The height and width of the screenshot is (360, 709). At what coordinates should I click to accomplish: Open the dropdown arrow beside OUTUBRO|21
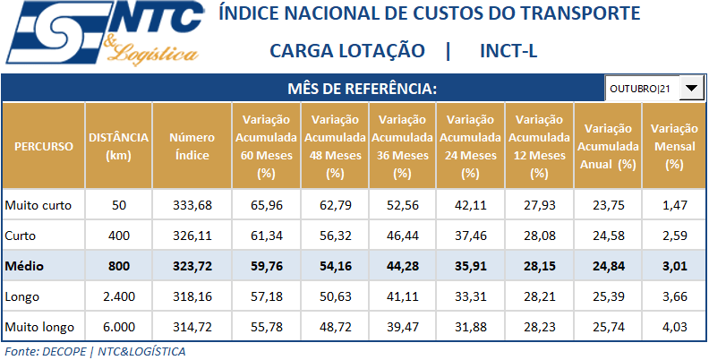click(692, 89)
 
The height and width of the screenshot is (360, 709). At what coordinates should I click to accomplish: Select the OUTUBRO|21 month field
click(642, 89)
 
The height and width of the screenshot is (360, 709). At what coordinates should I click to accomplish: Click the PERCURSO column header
click(44, 146)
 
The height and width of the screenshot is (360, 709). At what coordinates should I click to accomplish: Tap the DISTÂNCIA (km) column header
click(119, 146)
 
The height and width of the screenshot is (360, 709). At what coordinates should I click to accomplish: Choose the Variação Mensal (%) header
click(674, 146)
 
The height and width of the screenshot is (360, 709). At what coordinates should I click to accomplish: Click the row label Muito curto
click(38, 206)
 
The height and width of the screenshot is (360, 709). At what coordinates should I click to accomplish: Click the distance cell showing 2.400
click(119, 296)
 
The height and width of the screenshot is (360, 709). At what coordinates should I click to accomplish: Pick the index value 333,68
click(192, 206)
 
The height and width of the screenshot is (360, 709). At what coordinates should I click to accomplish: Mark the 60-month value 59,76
click(266, 266)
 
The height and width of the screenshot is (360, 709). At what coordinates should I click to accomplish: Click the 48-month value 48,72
click(335, 326)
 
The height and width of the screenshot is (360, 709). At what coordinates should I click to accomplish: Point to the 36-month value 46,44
click(402, 236)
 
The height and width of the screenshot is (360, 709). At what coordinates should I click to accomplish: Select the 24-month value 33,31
click(470, 296)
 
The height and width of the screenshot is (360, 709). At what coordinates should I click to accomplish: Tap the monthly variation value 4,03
click(674, 326)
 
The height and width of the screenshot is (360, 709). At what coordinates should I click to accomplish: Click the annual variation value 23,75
click(608, 206)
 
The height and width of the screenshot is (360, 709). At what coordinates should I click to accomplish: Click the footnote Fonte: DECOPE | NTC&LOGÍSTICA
click(95, 351)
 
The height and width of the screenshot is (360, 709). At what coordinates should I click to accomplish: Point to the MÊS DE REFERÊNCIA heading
click(363, 89)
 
